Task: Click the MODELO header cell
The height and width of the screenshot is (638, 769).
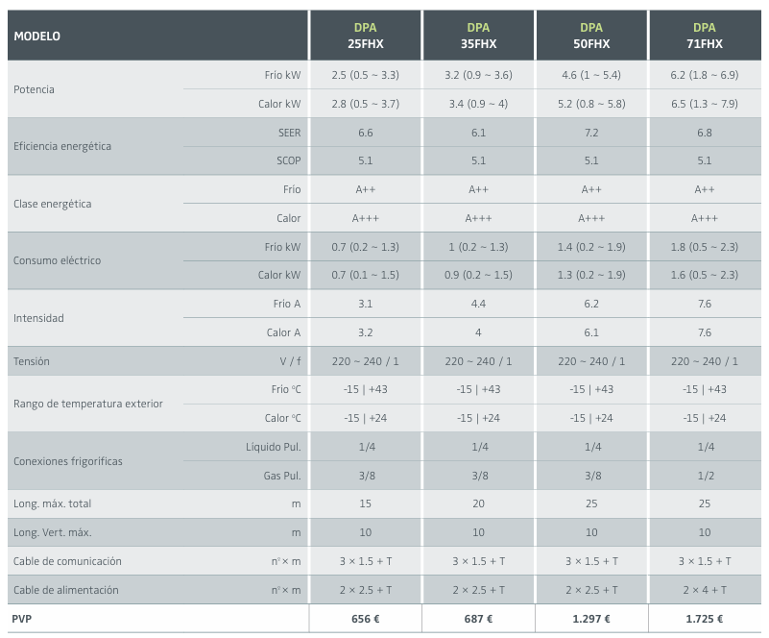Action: coord(36,37)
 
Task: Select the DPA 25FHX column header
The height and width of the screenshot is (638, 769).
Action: coord(364,36)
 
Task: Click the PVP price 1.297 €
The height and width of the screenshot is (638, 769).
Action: coord(590,619)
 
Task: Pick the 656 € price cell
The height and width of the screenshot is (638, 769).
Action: coord(365,619)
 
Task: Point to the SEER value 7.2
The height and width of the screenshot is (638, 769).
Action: coord(590,133)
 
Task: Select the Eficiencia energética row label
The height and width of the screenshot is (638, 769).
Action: coord(62,147)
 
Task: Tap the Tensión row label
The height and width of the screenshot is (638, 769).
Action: coord(32,361)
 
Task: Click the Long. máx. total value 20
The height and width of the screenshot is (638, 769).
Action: coord(478,503)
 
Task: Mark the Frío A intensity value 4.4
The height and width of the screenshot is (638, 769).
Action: coord(478,304)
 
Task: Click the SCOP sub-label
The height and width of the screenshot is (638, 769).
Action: coord(288,161)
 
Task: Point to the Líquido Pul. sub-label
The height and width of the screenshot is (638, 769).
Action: coord(274,447)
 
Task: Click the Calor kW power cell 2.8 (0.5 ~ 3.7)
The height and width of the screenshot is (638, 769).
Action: coord(365,104)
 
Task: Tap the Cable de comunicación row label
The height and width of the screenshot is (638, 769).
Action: coord(67,561)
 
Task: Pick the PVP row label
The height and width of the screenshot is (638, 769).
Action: coord(21,619)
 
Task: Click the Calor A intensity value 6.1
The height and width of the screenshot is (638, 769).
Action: coord(590,332)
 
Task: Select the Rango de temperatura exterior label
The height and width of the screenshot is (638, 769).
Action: coord(88,404)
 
